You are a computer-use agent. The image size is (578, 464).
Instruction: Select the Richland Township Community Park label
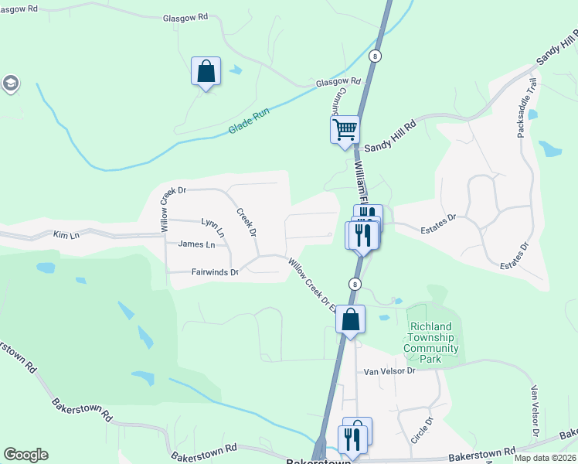[x=431, y=338]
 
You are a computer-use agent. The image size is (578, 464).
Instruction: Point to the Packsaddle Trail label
[x=525, y=108]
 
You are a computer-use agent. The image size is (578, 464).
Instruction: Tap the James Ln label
[x=196, y=244]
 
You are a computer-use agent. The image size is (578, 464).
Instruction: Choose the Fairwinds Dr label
[x=214, y=271]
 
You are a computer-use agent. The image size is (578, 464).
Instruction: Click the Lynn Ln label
[x=212, y=227]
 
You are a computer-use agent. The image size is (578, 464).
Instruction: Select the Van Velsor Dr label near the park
[x=390, y=371]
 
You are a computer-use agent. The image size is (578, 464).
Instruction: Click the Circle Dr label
[x=423, y=430]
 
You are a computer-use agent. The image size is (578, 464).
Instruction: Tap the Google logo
[x=25, y=455]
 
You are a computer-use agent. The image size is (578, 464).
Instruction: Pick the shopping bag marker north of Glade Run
[x=206, y=72]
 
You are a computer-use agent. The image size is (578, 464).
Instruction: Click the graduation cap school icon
[x=10, y=84]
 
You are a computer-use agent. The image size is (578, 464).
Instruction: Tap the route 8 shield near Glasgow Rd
[x=375, y=56]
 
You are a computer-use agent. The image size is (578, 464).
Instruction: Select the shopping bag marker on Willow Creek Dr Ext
[x=350, y=319]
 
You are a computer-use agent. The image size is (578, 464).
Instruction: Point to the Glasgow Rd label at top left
[x=185, y=17]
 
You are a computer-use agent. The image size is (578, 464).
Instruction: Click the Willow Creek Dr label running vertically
[x=164, y=207]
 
